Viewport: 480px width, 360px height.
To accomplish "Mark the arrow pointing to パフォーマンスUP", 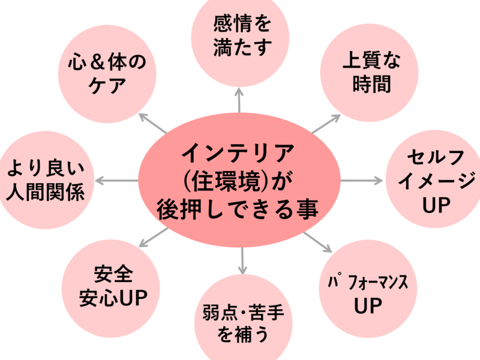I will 317,241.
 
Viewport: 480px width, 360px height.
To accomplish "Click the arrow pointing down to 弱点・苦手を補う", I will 242,259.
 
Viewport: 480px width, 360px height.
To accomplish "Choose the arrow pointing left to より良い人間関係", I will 117,180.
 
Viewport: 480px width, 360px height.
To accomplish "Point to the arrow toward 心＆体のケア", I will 153,122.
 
